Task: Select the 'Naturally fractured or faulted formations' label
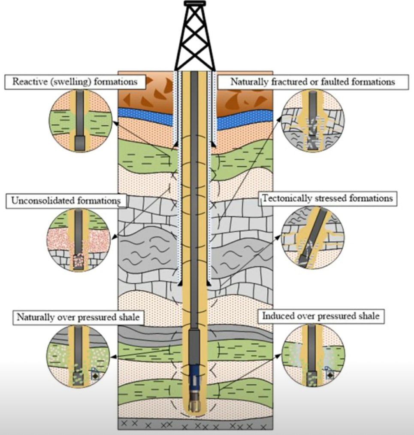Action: coord(312,82)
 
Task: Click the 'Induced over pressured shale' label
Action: coord(320,316)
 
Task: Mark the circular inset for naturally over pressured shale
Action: coord(77,355)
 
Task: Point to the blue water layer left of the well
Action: coord(146,113)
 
